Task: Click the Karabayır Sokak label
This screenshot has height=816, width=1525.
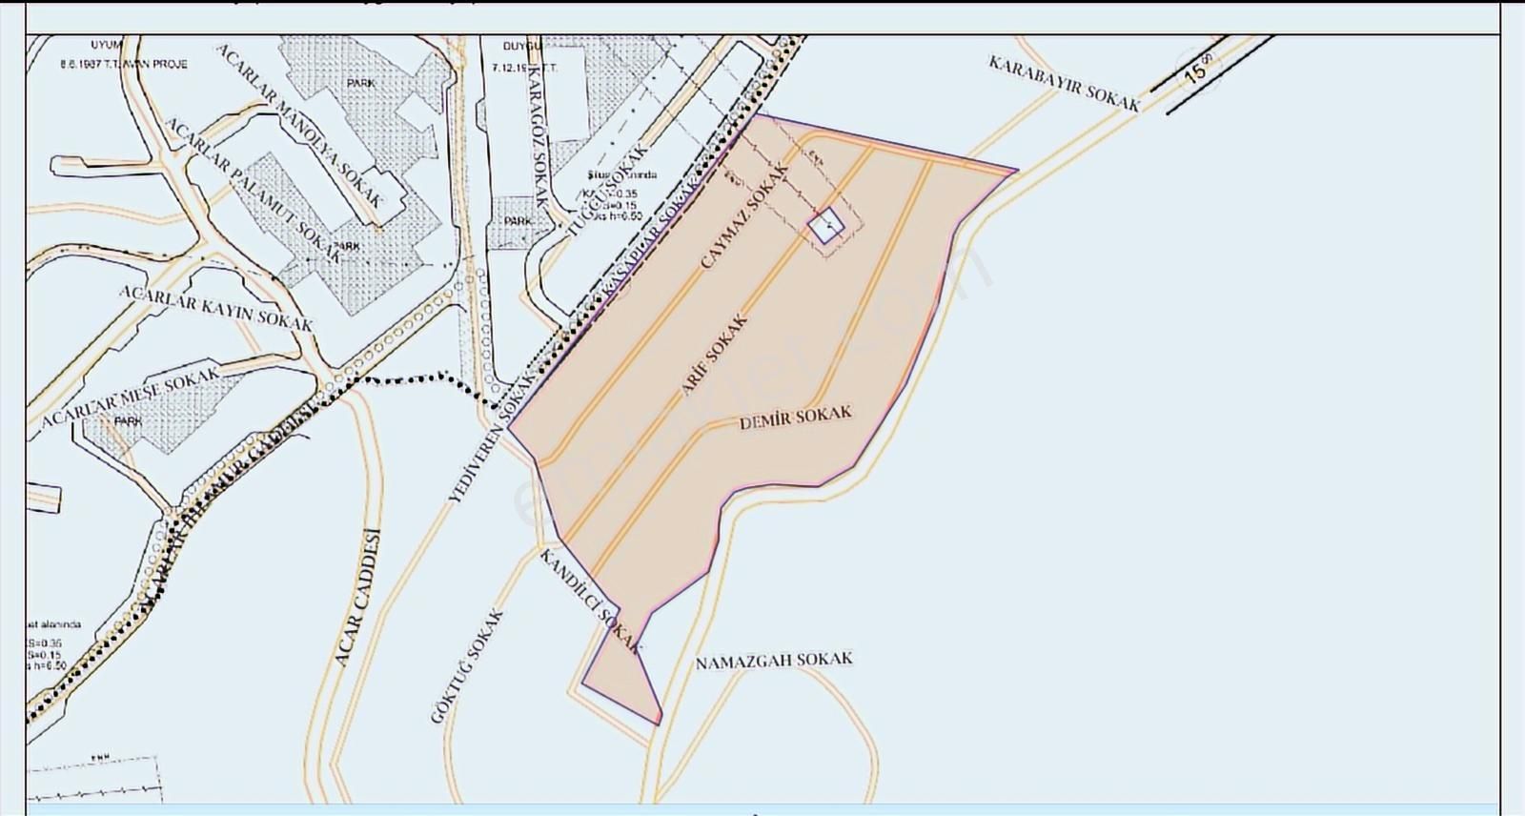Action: click(x=1064, y=84)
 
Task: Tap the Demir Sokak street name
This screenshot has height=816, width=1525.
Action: click(x=795, y=418)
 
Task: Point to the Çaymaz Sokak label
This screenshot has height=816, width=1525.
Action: click(x=744, y=216)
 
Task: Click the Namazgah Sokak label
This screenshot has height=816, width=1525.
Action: click(x=773, y=661)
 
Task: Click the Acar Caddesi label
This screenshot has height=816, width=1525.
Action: click(x=357, y=598)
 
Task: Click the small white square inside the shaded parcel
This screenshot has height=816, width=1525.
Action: click(x=825, y=226)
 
